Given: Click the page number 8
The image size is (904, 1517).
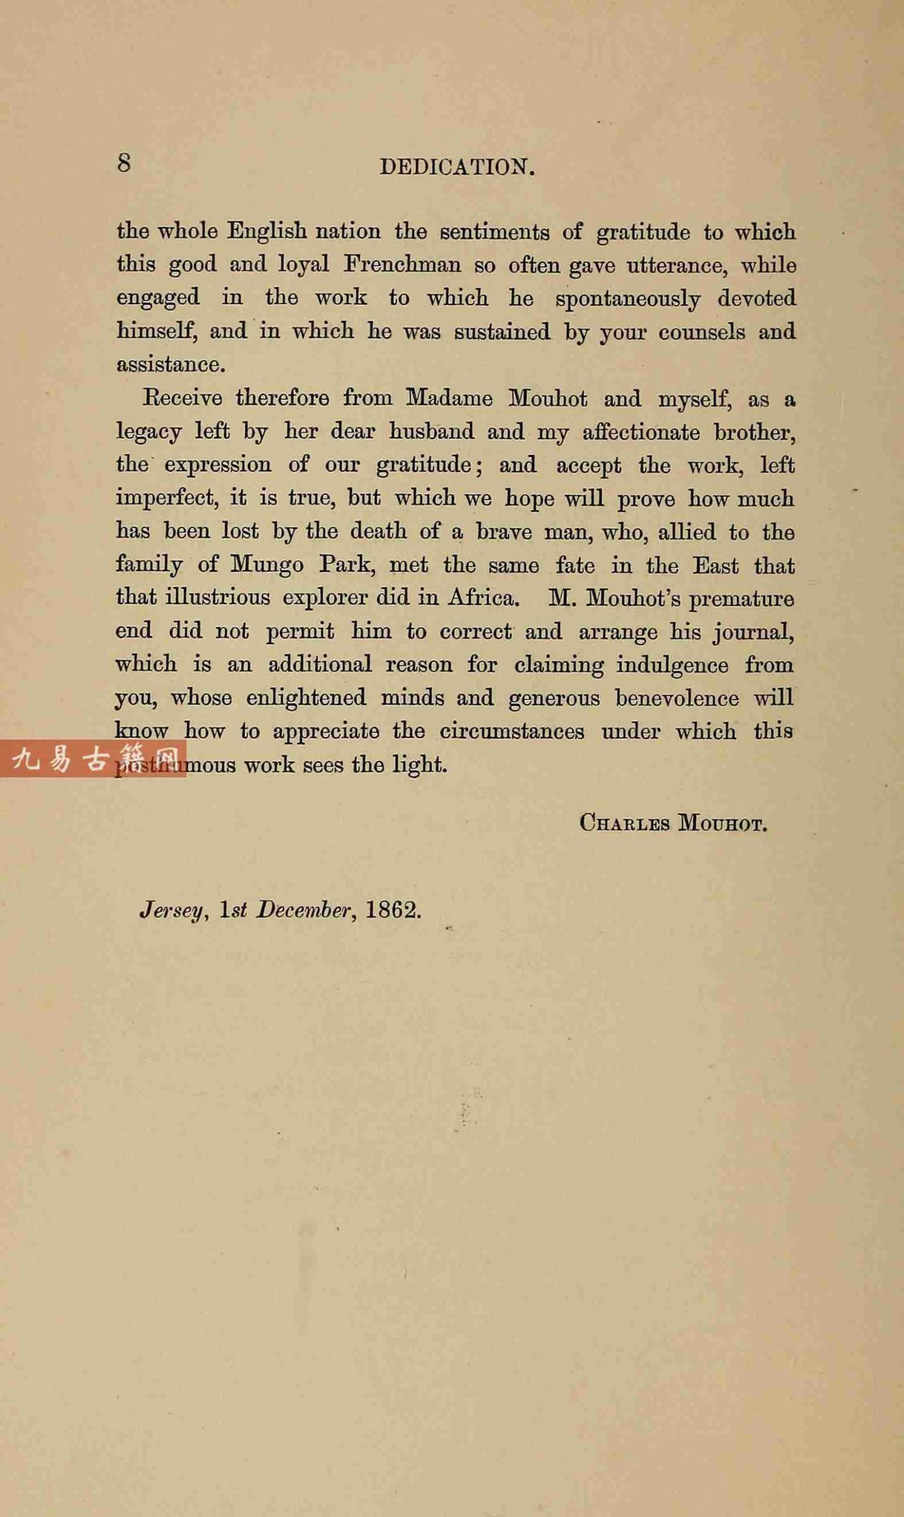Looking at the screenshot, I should (x=124, y=163).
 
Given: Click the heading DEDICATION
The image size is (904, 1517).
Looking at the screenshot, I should (x=457, y=167).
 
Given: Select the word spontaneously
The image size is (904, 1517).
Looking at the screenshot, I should (x=627, y=299).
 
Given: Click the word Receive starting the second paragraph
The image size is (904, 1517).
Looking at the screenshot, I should (x=181, y=398).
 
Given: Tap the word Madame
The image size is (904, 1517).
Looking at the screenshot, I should (x=450, y=398).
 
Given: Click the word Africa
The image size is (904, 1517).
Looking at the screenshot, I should (x=483, y=598).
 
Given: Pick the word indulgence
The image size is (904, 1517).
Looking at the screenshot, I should (x=672, y=665).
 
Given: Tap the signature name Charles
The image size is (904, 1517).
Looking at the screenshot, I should (x=624, y=824).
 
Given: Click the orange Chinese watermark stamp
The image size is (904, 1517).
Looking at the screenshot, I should (x=92, y=758).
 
